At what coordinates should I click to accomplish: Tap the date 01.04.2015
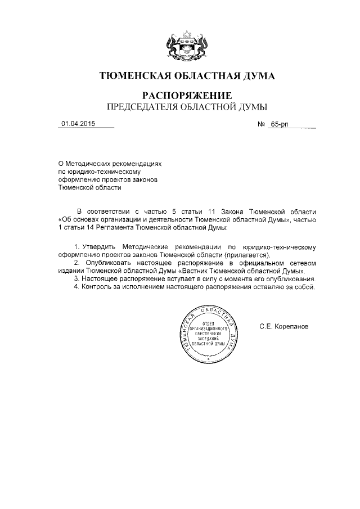[78, 125]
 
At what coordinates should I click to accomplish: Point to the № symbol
[260, 125]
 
